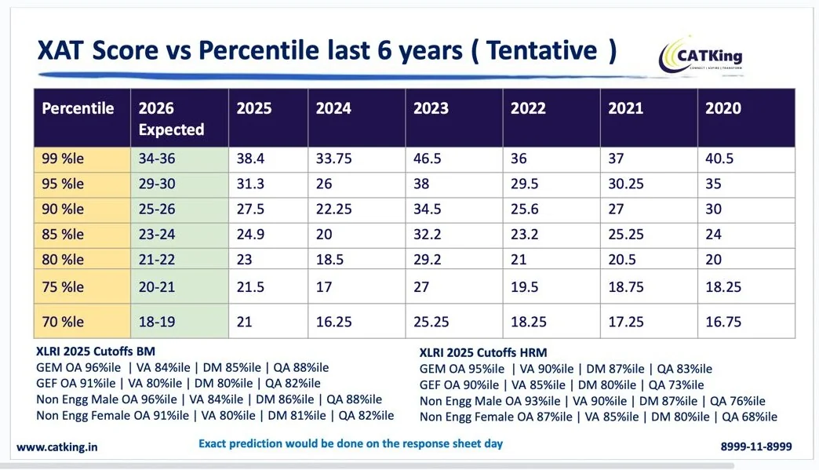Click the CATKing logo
(700, 56)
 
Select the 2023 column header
(431, 108)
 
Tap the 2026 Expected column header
(171, 118)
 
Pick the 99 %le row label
(63, 158)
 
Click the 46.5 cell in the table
(428, 158)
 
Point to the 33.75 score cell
(333, 158)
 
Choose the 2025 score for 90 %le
(250, 209)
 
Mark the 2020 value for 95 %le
(714, 184)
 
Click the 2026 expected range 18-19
(157, 322)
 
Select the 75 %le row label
(63, 286)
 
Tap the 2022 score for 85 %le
(524, 234)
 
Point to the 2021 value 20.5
(622, 260)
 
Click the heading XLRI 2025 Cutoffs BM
(96, 352)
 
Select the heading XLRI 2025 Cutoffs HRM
(483, 352)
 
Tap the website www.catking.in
(57, 447)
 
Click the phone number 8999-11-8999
(756, 446)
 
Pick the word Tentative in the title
(541, 51)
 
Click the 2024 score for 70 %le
(333, 322)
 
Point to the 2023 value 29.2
(428, 260)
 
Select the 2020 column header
(723, 108)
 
